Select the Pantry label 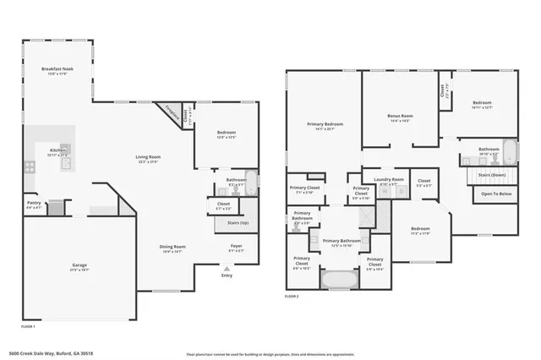coord(33,204)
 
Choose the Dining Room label coord(172,248)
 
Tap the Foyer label coord(237,248)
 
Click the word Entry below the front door coord(227,275)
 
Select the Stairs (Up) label coord(238,223)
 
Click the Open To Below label coord(495,194)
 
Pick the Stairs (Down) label coord(493,175)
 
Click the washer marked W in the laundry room coord(385,192)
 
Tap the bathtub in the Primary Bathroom coord(337,276)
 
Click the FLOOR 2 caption coord(291,297)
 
